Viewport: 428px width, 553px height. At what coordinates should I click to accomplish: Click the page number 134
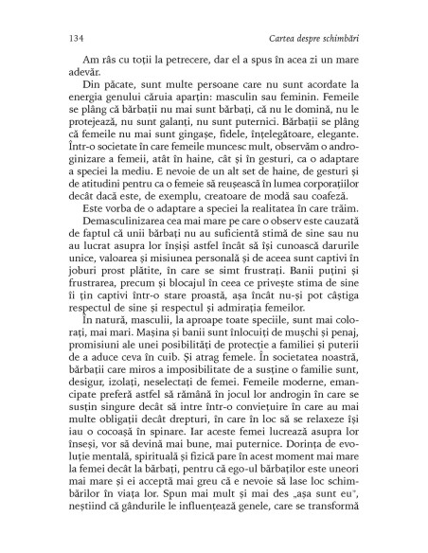67,38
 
